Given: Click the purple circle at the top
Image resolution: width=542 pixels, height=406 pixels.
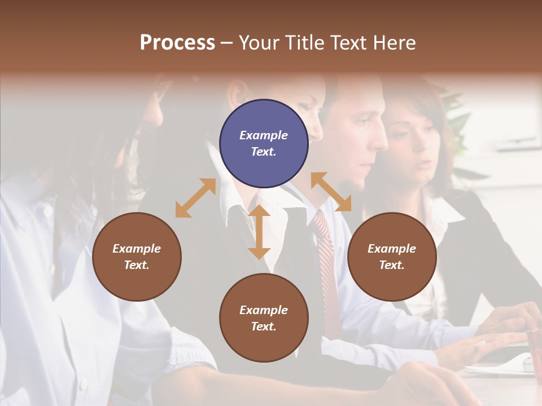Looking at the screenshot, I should (264, 144).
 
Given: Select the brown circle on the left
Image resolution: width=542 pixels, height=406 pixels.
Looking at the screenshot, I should (137, 257).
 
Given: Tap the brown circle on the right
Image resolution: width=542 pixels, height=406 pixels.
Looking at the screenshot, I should (392, 257).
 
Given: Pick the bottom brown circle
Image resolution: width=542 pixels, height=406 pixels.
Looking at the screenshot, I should (264, 318).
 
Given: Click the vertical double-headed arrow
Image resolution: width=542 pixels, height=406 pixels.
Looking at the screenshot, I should (259, 232).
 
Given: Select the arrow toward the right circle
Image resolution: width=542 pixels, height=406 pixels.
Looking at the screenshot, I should (331, 192).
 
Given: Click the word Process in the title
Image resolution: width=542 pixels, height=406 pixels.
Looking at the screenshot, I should (177, 43).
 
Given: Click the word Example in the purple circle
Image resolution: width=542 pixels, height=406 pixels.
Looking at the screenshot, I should (264, 135).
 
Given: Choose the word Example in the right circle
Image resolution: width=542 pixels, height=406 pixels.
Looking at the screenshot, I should (392, 249).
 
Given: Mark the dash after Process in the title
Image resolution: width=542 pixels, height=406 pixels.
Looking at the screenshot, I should (227, 43).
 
